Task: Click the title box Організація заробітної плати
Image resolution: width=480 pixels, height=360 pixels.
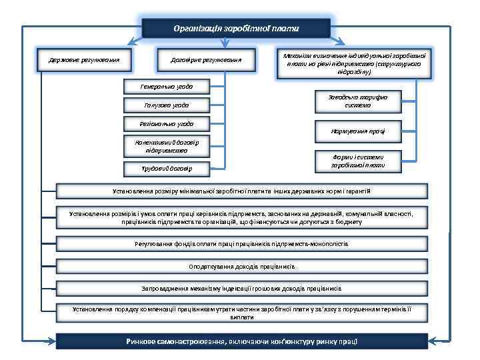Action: tap(236, 29)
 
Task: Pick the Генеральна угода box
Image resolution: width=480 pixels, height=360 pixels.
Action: tap(166, 87)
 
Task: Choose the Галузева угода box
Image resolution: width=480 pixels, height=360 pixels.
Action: tap(166, 105)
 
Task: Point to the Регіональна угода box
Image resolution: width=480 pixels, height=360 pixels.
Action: tap(166, 123)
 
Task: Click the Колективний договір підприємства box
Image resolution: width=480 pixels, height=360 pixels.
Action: tap(166, 145)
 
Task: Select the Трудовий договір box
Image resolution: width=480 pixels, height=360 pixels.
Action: tap(166, 168)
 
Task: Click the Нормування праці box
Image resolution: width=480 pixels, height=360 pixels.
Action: tap(357, 131)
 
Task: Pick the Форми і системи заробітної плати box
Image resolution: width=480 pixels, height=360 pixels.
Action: tap(357, 161)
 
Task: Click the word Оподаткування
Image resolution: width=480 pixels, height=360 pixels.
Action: tap(211, 266)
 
